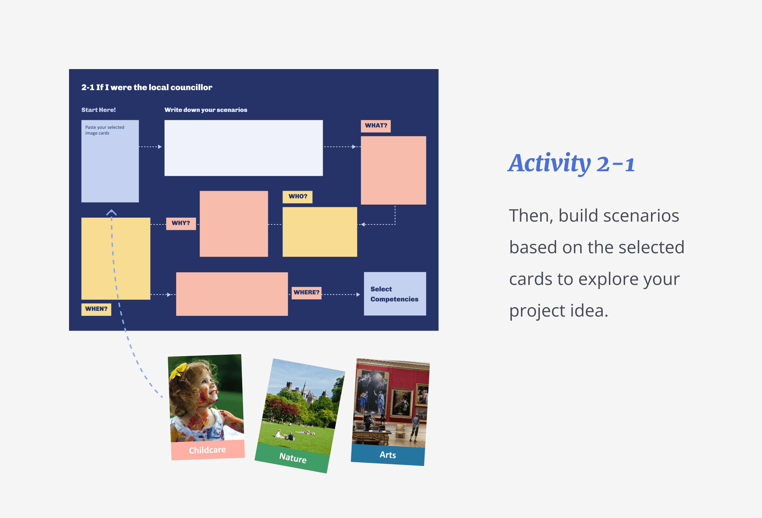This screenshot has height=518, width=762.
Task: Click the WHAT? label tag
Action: pyautogui.click(x=376, y=126)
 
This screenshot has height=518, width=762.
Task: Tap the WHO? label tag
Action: pyautogui.click(x=298, y=197)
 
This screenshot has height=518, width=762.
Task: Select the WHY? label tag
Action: pyautogui.click(x=181, y=223)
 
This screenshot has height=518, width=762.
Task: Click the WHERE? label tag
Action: pyautogui.click(x=306, y=292)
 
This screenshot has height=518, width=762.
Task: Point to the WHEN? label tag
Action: pyautogui.click(x=96, y=309)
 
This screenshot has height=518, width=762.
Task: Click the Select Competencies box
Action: pyautogui.click(x=395, y=294)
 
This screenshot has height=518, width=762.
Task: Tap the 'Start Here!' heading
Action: pyautogui.click(x=98, y=110)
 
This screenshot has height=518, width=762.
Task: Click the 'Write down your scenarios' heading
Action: pyautogui.click(x=206, y=110)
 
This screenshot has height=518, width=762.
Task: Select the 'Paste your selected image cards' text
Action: pyautogui.click(x=105, y=130)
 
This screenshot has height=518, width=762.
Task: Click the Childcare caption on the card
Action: pyautogui.click(x=207, y=450)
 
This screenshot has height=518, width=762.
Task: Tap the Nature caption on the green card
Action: pyautogui.click(x=293, y=458)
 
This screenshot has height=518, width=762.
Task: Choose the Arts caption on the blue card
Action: pyautogui.click(x=388, y=455)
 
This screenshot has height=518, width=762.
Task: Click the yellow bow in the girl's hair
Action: pyautogui.click(x=179, y=370)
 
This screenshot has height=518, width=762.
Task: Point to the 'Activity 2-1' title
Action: pyautogui.click(x=571, y=164)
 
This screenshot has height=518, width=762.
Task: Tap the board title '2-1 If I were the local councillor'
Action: pyautogui.click(x=147, y=87)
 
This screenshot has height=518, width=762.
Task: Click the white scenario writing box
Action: pyautogui.click(x=244, y=148)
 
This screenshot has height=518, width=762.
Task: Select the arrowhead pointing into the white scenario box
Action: pyautogui.click(x=160, y=147)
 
